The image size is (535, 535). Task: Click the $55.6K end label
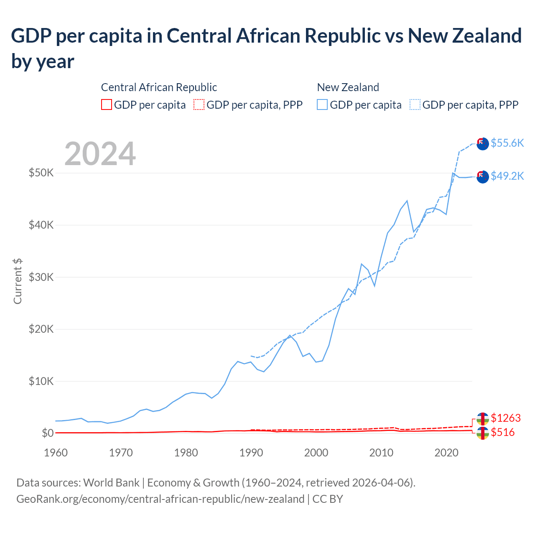point(507,143)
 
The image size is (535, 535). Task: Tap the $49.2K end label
point(507,176)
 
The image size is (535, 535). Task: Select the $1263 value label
point(506,418)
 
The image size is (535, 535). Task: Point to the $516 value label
point(503,432)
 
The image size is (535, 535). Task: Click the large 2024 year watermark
point(100,154)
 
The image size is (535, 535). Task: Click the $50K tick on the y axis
point(41,173)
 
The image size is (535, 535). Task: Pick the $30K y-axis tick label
point(41,277)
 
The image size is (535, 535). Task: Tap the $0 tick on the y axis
point(47,433)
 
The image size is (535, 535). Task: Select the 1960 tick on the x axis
point(56,453)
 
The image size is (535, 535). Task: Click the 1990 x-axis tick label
point(251,453)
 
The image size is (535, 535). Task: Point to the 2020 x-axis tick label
point(446,453)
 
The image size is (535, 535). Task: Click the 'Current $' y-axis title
point(18,281)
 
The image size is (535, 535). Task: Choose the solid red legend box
point(107,104)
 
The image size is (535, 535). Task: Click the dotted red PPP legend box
point(199,104)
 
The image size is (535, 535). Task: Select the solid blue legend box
point(322,104)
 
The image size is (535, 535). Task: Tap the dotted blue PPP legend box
point(415,104)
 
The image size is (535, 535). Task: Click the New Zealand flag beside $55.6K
point(482,143)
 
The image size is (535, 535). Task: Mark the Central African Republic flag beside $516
point(482,433)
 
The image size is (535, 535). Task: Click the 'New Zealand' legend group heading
point(348,87)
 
